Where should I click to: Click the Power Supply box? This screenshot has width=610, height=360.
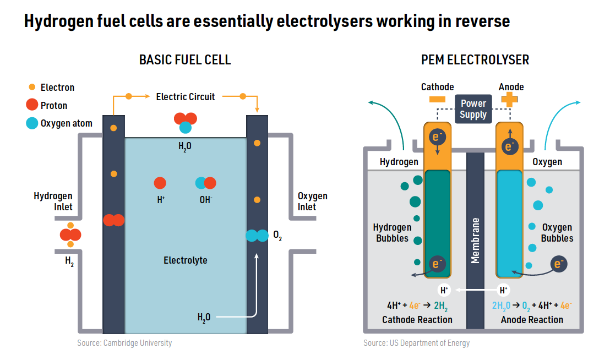[x=473, y=109]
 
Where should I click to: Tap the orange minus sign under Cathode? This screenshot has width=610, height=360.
[x=437, y=99]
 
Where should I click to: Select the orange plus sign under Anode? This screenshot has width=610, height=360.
[x=509, y=99]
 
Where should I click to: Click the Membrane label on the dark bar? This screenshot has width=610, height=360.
[x=475, y=241]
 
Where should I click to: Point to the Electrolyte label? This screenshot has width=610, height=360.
[x=186, y=260]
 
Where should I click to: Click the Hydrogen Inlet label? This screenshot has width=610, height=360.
[x=53, y=201]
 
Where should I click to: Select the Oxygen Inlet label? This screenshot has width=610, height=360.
[x=312, y=201]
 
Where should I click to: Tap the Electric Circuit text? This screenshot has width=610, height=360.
[x=186, y=97]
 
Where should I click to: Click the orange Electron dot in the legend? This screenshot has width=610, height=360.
[x=32, y=87]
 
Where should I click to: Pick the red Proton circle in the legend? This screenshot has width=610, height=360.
[x=32, y=105]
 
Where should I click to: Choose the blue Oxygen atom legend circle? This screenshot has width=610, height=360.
[x=32, y=123]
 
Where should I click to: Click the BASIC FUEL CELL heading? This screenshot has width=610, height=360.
[x=185, y=60]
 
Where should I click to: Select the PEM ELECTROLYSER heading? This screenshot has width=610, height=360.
[x=475, y=60]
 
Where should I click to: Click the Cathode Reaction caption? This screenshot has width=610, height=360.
[x=417, y=320]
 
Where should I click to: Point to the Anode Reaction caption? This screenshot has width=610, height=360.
[x=532, y=320]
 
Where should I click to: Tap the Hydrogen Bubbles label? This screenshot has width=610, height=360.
[x=392, y=233]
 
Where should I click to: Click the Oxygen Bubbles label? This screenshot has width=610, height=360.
[x=557, y=233]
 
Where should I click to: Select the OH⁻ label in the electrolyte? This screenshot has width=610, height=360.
[x=206, y=200]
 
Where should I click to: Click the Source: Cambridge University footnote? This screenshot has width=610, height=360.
[x=124, y=343]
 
